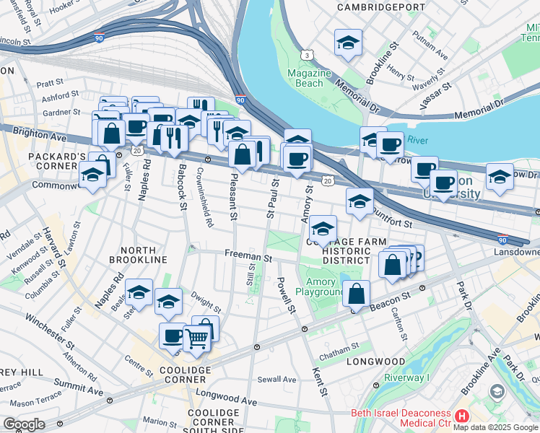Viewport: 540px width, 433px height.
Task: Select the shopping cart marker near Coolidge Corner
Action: point(197,336)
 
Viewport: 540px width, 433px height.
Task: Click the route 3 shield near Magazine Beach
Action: point(308,55)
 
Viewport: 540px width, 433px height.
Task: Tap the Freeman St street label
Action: point(248,256)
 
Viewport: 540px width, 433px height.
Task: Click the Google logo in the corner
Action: point(24,424)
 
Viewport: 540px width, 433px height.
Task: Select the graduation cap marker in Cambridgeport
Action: point(348,43)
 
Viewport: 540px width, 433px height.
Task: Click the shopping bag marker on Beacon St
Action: point(356,294)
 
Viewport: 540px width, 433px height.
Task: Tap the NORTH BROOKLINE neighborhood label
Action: point(138,259)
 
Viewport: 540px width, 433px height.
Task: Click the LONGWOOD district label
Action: point(375,361)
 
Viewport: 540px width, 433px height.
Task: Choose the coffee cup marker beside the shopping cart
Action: point(173,336)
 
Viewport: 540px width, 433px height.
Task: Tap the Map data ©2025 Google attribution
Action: point(495,427)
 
